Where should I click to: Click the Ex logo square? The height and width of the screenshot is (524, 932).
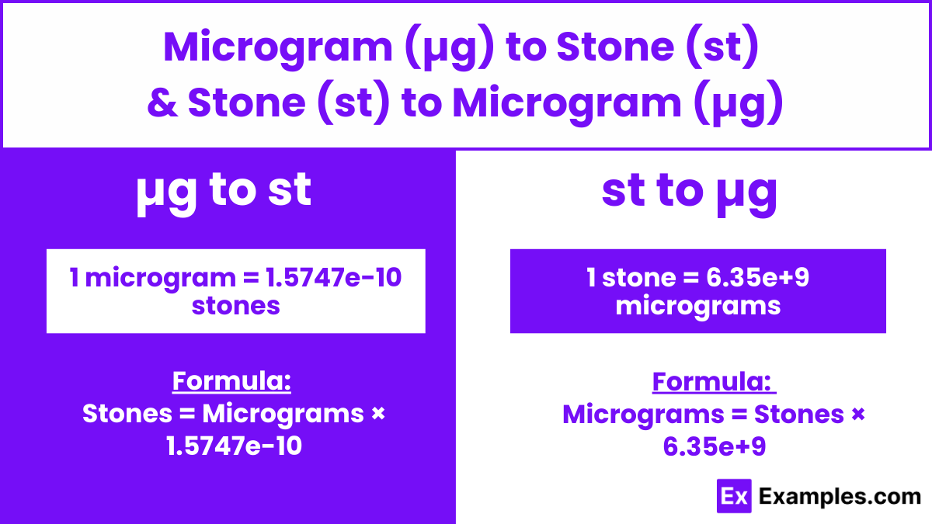(x=733, y=496)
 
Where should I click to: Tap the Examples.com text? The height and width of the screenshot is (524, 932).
(x=840, y=497)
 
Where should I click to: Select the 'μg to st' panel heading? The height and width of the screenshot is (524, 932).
(x=224, y=189)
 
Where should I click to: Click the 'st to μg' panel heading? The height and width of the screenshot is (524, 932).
(x=689, y=191)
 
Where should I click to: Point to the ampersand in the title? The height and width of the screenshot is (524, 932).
(x=162, y=103)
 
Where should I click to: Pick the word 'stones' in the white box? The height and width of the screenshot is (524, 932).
(x=235, y=305)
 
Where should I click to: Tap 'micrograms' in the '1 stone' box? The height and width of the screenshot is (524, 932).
(x=697, y=305)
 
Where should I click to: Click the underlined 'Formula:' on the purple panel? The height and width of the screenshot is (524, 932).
(x=231, y=381)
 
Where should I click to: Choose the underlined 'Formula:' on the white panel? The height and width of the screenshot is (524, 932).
(x=712, y=381)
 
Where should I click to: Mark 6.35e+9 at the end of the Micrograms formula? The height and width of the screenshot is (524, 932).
(x=714, y=446)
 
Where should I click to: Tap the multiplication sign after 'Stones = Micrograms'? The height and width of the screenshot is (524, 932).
(x=378, y=414)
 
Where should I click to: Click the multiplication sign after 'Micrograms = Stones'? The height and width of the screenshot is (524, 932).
(x=857, y=414)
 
